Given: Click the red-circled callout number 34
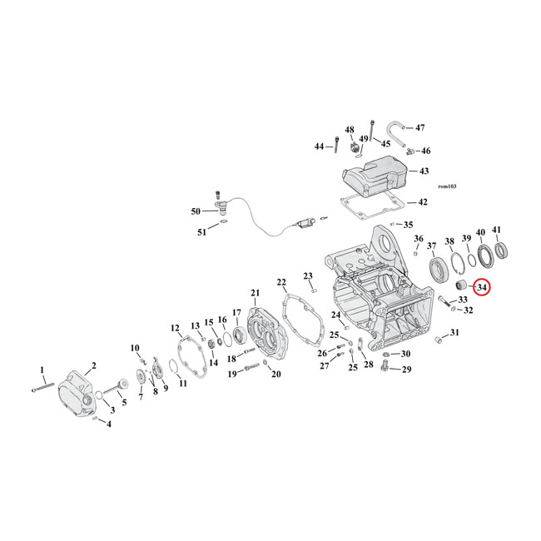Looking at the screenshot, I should coord(482,287).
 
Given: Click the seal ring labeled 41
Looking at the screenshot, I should coord(504,250).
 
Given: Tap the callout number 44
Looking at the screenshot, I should coord(319,146).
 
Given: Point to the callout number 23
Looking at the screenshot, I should coord(307,275).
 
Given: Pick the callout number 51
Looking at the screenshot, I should coord(201,232).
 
